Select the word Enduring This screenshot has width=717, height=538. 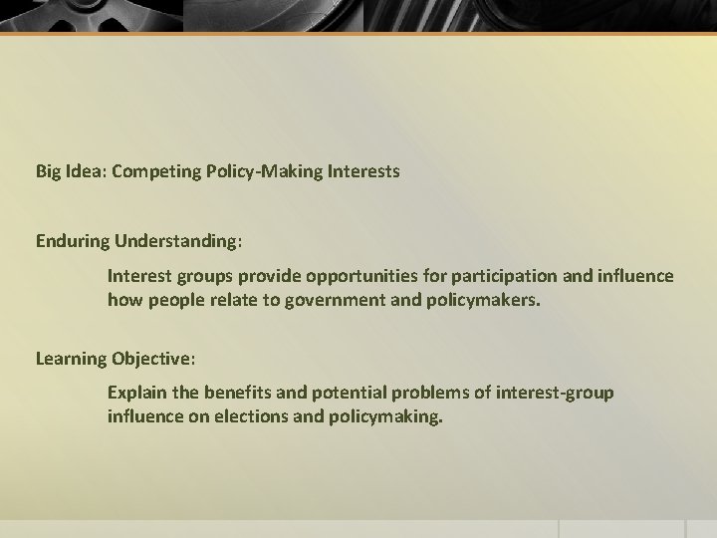point(72,240)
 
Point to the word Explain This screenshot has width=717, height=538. point(135,393)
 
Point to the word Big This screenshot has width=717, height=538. point(48,171)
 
